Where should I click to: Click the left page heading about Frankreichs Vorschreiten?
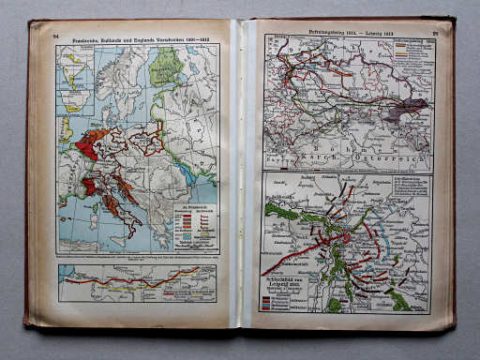click(x=137, y=37)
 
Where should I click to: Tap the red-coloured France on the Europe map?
click(x=92, y=146)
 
